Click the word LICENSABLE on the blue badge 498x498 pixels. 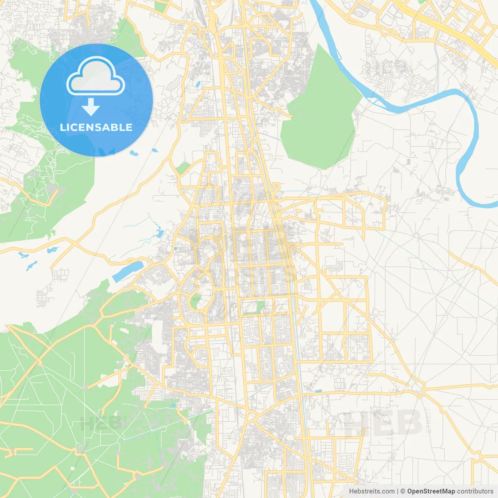[x=96, y=127]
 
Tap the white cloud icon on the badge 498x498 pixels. [x=95, y=77]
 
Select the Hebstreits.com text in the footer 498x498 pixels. [x=372, y=491]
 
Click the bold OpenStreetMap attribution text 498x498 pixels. [x=431, y=491]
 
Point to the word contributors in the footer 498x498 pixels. [x=475, y=491]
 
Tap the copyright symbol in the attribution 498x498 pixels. [x=403, y=491]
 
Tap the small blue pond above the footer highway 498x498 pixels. [x=318, y=391]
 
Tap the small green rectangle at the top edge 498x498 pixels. [x=160, y=6]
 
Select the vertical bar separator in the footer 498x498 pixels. [x=398, y=491]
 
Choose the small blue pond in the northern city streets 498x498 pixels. [x=198, y=84]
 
